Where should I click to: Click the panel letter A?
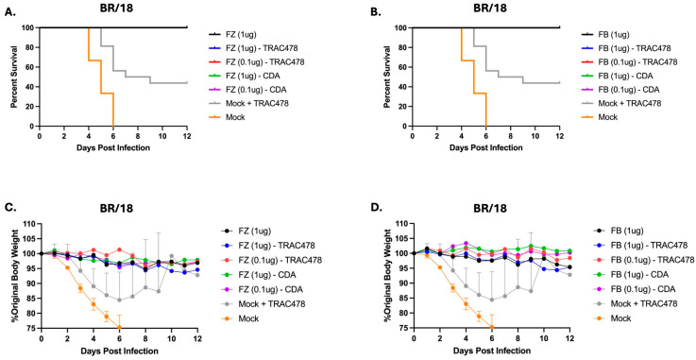pos(9,12)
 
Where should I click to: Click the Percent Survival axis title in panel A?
pos(17,77)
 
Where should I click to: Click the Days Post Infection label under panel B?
pos(485,147)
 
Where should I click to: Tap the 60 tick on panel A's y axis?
pos(31,67)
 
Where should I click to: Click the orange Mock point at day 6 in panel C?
pos(119,328)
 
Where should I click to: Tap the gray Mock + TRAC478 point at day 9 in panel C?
pos(158,291)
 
